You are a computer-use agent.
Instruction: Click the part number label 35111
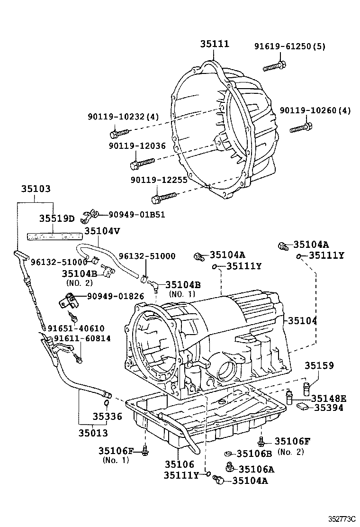[214, 44]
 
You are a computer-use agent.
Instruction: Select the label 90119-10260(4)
[315, 110]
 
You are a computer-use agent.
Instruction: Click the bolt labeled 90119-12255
[163, 195]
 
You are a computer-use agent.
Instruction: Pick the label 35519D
[57, 218]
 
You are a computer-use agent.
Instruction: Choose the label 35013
[93, 433]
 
